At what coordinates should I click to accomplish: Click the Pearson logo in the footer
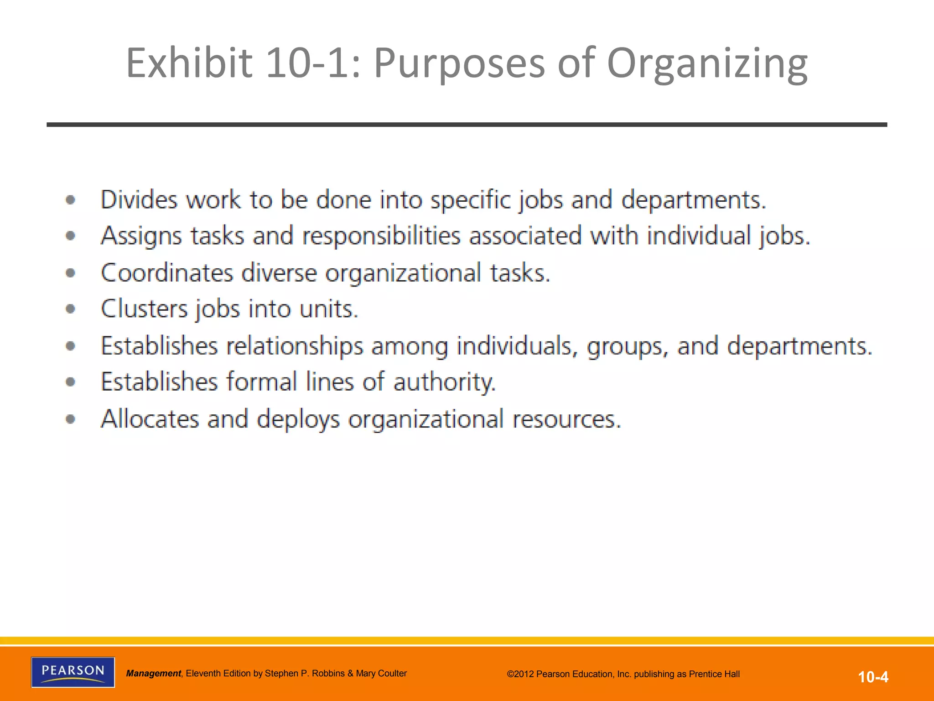click(x=73, y=672)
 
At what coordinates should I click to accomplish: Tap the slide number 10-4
click(x=873, y=677)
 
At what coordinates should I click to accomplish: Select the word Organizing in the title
click(x=707, y=64)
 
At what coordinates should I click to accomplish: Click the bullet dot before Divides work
click(x=70, y=200)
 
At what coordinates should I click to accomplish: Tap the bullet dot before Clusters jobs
click(x=70, y=309)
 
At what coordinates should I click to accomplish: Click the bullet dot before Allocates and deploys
click(x=70, y=419)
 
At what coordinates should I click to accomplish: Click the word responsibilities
click(x=381, y=236)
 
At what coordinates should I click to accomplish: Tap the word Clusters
click(x=144, y=309)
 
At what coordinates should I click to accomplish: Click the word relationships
click(x=295, y=346)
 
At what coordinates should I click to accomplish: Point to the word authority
click(x=444, y=382)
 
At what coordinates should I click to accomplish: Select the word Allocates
click(x=150, y=419)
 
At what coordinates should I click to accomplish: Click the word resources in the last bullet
click(x=566, y=419)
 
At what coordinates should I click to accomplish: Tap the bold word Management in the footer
click(x=154, y=674)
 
